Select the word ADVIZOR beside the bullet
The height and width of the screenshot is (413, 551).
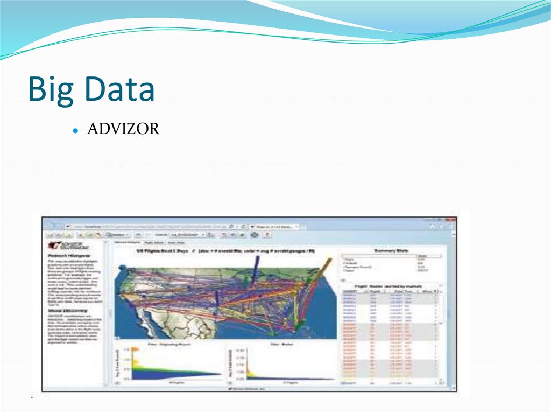123,130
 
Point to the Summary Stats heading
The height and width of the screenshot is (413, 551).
391,251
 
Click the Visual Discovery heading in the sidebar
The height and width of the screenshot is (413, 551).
67,311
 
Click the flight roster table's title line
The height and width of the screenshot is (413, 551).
391,286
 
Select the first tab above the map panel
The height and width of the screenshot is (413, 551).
125,243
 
